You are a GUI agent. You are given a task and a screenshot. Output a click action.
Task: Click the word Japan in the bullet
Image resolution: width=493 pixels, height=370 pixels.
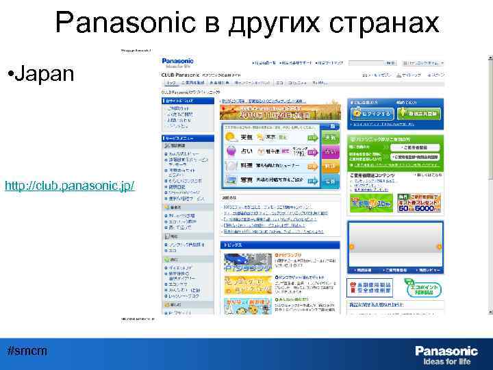coord(42,73)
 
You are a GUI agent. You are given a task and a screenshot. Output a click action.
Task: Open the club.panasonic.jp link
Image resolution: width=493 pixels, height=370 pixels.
coord(69,186)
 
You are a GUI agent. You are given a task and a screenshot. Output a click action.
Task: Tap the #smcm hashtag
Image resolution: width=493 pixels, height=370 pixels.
coord(27,350)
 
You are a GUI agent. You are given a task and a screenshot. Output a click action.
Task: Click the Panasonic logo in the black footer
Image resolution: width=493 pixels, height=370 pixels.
coord(446,350)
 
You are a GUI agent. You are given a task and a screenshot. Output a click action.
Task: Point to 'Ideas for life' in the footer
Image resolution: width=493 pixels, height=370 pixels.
coord(447,361)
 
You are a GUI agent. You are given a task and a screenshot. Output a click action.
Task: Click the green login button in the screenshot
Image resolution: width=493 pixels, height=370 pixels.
coord(370,112)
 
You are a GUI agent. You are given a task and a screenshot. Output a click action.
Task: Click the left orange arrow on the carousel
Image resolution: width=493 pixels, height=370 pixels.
coord(352,246)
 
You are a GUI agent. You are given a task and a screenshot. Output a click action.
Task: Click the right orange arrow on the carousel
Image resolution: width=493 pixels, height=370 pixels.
coord(440,246)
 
